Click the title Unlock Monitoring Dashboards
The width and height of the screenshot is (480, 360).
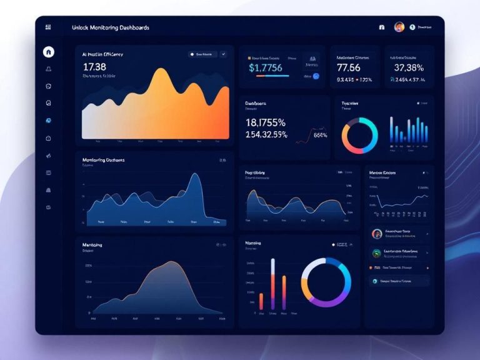(111, 27)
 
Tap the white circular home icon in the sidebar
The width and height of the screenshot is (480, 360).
(49, 52)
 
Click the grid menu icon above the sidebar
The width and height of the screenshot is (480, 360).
(49, 27)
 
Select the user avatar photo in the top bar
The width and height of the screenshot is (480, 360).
(399, 27)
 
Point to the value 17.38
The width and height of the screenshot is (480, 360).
(94, 66)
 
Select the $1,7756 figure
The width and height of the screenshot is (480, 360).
(266, 67)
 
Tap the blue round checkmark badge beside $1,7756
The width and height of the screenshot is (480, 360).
(316, 76)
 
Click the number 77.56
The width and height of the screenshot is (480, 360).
(349, 67)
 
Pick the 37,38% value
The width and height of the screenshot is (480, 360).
(409, 67)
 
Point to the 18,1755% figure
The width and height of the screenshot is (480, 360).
(266, 122)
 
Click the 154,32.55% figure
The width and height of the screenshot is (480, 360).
(267, 134)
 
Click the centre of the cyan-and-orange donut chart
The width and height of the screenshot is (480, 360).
(360, 134)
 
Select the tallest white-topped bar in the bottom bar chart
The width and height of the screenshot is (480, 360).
(272, 261)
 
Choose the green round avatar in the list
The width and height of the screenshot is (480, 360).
(376, 253)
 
